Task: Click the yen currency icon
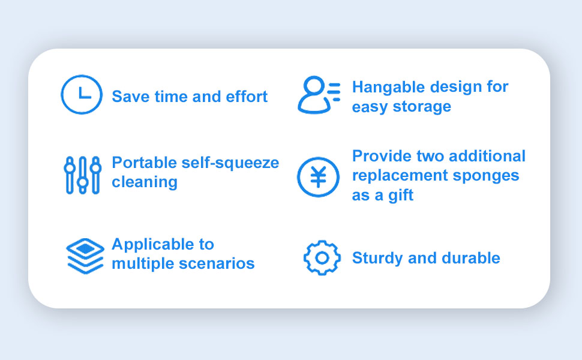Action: (318, 160)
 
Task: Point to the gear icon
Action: (322, 243)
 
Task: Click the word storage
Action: (422, 107)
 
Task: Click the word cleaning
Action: (145, 182)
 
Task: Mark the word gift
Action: (401, 196)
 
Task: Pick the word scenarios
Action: (217, 263)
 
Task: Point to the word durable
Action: (471, 258)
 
